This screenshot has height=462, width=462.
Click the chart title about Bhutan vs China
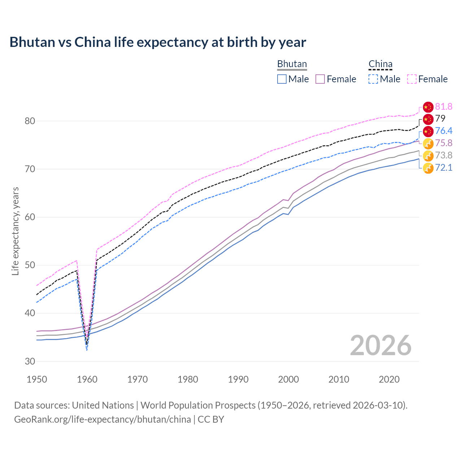pos(158,42)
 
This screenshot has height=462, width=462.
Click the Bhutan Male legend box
pos(282,79)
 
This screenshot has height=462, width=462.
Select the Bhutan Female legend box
pos(320,79)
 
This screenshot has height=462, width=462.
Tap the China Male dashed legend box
pos(373,79)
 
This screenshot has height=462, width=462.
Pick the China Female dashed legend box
pos(412,79)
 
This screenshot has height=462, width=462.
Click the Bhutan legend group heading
pos(292,64)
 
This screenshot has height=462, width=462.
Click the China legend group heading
pos(380,64)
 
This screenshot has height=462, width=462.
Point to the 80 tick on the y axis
pos(30,121)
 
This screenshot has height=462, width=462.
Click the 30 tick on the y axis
pos(30,361)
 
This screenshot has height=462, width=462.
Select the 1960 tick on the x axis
pos(87,379)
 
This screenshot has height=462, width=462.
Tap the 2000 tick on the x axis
pos(288,379)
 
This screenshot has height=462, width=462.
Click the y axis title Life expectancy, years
pos(16,231)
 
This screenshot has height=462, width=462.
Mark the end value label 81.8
pos(444,106)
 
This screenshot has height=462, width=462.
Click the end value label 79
pos(440,119)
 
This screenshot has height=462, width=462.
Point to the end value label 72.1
pos(444,167)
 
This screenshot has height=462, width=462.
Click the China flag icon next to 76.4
pos(428,131)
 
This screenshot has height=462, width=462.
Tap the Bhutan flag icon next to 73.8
pos(428,156)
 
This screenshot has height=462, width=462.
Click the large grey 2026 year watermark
pos(380,345)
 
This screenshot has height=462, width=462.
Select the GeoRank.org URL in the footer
pos(103,419)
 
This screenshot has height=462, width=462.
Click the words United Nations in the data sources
pos(103,405)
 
